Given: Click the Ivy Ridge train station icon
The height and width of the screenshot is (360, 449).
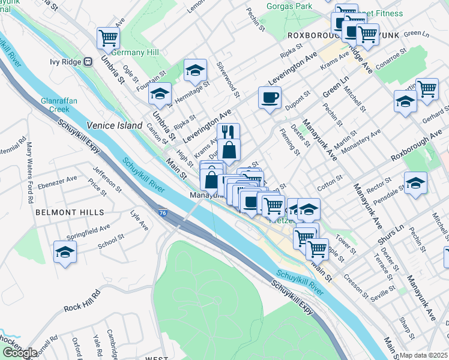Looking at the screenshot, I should pos(88,61).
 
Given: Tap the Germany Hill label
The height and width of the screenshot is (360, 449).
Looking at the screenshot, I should pos(135,52).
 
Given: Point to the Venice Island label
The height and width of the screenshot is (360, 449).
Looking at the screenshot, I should pos(114,125).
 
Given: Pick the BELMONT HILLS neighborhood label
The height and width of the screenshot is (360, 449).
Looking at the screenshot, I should pos(61,212).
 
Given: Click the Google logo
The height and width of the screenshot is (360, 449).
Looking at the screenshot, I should pos(20,353).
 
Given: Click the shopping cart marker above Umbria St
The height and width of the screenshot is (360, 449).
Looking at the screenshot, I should pos(108,37).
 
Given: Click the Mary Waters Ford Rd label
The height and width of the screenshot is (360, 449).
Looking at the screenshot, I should pos(29,164).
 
